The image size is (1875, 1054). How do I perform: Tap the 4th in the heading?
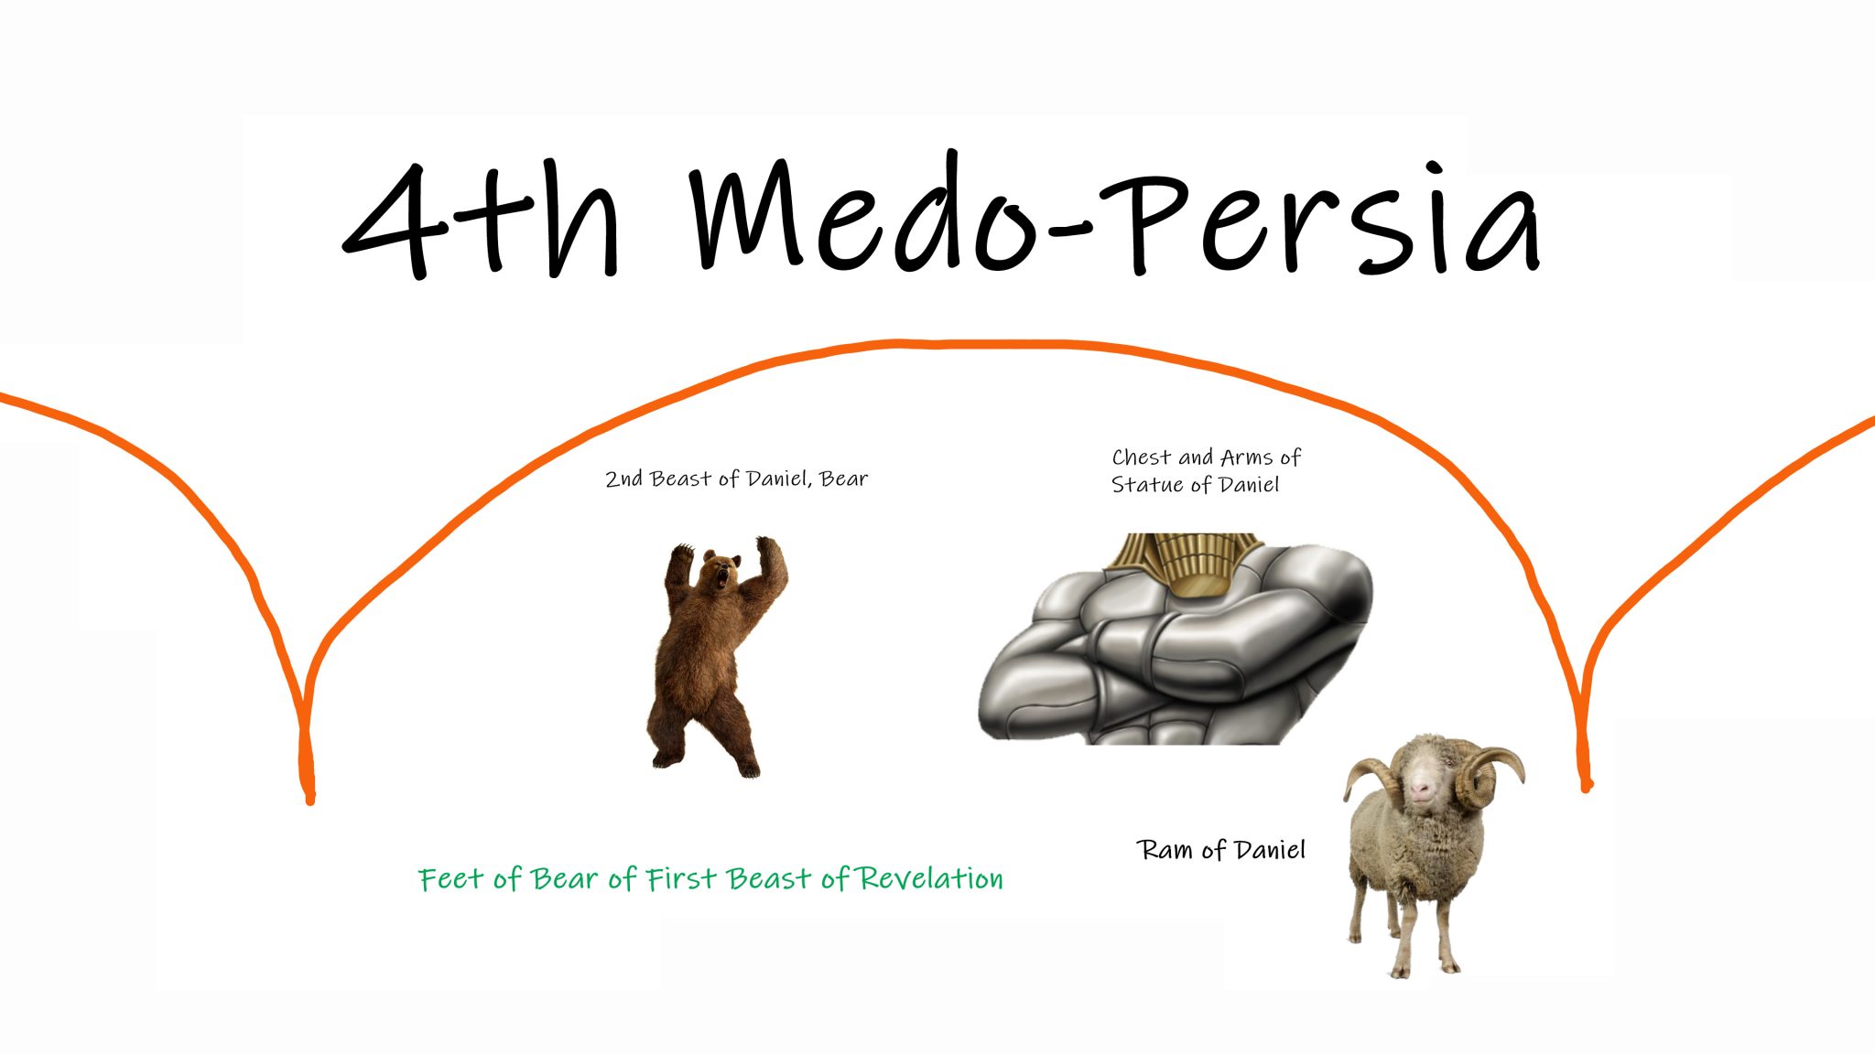482,220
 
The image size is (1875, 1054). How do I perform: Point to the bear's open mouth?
723,577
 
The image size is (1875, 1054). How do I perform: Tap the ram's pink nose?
1421,789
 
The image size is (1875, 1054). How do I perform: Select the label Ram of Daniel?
1221,850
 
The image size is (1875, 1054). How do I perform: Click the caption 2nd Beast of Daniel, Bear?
736,479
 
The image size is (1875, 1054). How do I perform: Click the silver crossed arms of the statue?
1176,650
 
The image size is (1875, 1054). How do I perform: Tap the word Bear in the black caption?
843,479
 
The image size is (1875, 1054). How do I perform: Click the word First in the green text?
682,878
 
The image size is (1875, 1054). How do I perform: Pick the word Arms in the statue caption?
1247,457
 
